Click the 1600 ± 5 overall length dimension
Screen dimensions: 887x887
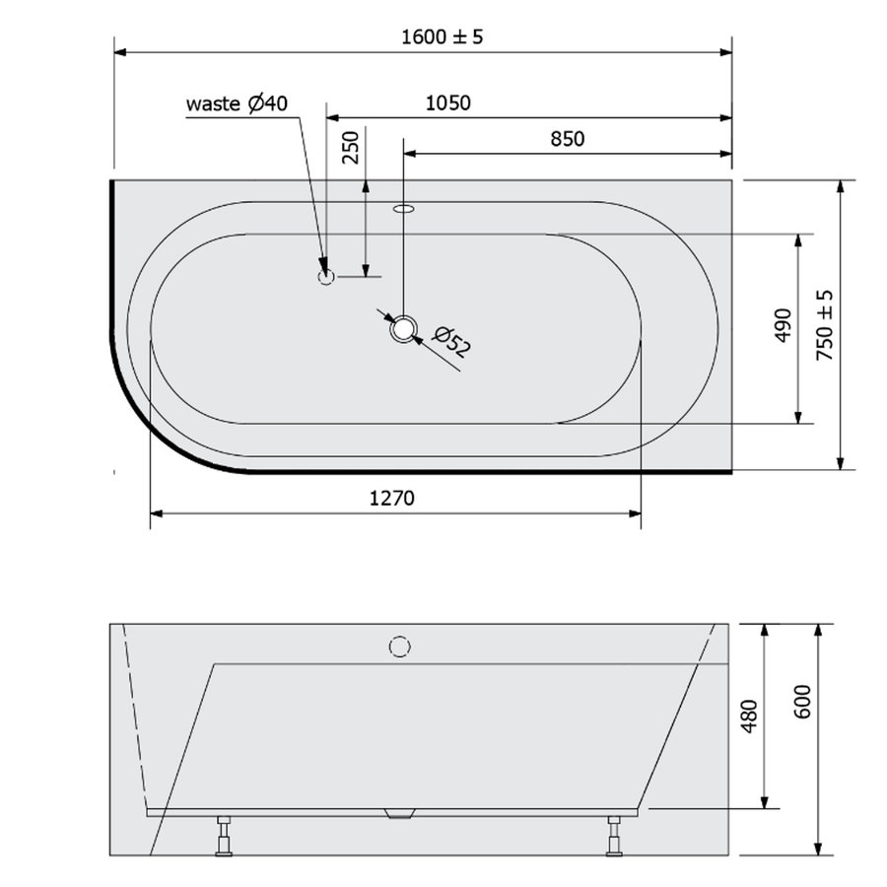pyautogui.click(x=443, y=37)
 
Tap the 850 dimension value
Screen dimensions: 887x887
pyautogui.click(x=567, y=139)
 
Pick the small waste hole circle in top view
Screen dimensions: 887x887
pyautogui.click(x=326, y=277)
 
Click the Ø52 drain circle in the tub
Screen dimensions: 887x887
pyautogui.click(x=404, y=329)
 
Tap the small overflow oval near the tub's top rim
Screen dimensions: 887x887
pyautogui.click(x=404, y=209)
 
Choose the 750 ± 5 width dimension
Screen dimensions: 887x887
pyautogui.click(x=826, y=324)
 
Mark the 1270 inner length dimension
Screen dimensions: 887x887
pyautogui.click(x=392, y=499)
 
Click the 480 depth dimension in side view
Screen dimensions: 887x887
pyautogui.click(x=748, y=715)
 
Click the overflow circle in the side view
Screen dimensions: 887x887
pyautogui.click(x=399, y=647)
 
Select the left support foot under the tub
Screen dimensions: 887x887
pyautogui.click(x=225, y=835)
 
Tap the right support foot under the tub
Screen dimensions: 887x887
pyautogui.click(x=615, y=835)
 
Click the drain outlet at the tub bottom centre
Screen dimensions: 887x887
pyautogui.click(x=399, y=813)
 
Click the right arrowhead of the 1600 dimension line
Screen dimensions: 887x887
pyautogui.click(x=726, y=51)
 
